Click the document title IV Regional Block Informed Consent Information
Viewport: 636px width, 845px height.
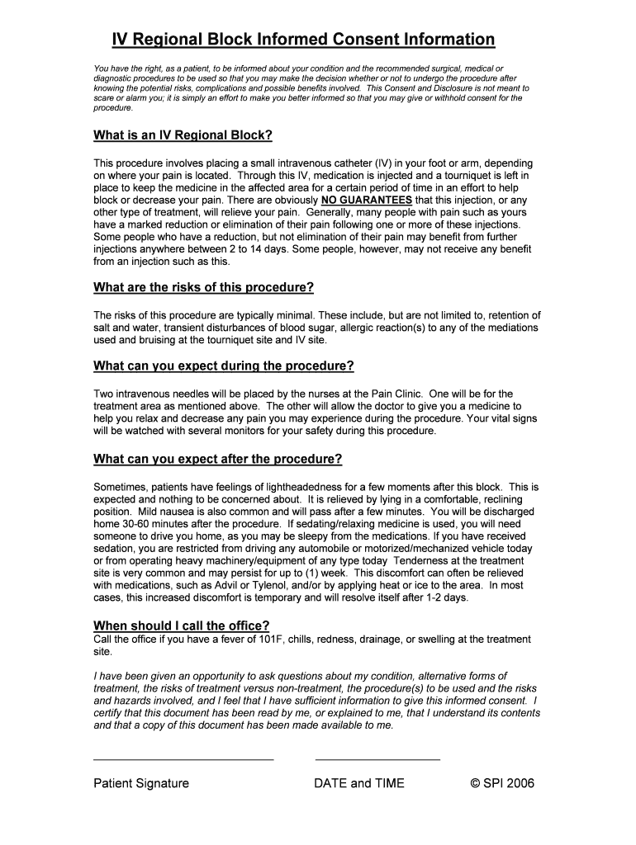pos(303,40)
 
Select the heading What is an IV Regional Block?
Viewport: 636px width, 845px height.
pos(183,135)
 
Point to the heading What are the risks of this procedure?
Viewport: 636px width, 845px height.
pos(204,287)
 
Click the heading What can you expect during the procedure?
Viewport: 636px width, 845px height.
pos(224,366)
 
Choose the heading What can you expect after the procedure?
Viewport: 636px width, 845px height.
pos(218,459)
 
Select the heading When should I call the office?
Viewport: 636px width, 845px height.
pos(182,625)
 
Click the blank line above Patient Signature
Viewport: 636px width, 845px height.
pos(183,758)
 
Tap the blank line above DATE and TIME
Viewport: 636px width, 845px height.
pos(377,758)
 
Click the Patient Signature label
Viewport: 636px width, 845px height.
pos(141,783)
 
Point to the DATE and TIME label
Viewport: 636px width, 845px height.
pos(359,783)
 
